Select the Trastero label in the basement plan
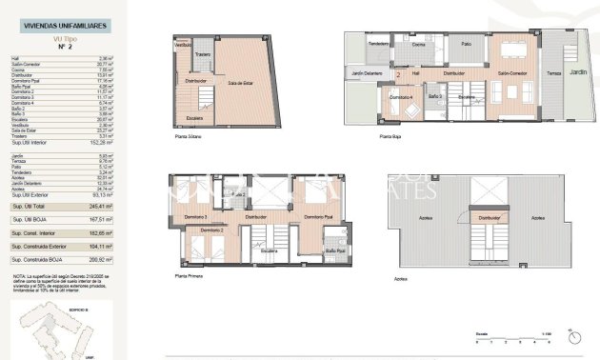pos(202,54)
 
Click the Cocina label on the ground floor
pos(418,44)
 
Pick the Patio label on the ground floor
pos(466,44)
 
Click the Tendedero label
pos(378,44)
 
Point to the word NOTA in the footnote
pos(20,273)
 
